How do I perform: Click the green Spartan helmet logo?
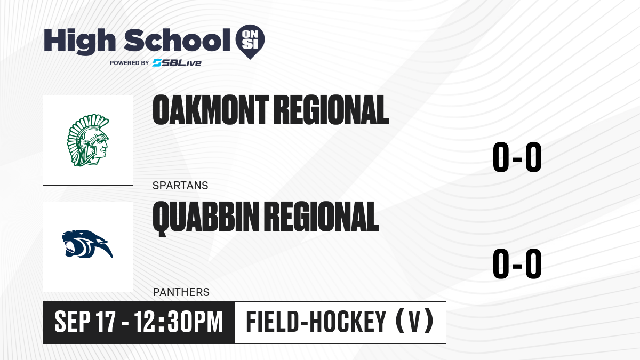[88, 140]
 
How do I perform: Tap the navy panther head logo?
[87, 244]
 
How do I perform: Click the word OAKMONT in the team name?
[211, 110]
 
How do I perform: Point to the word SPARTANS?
[180, 186]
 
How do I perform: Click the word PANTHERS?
[181, 292]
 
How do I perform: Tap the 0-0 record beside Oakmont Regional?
[517, 157]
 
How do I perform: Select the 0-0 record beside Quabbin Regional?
[517, 263]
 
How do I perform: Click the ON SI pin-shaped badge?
[250, 42]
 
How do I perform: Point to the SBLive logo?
[177, 63]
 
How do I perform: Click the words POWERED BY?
[130, 63]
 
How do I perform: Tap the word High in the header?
[79, 41]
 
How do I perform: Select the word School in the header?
[177, 40]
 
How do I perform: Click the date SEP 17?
[85, 322]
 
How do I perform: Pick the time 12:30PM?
[178, 322]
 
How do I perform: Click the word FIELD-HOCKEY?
[316, 322]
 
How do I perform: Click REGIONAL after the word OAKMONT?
[331, 110]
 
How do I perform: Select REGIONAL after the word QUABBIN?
[322, 217]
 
